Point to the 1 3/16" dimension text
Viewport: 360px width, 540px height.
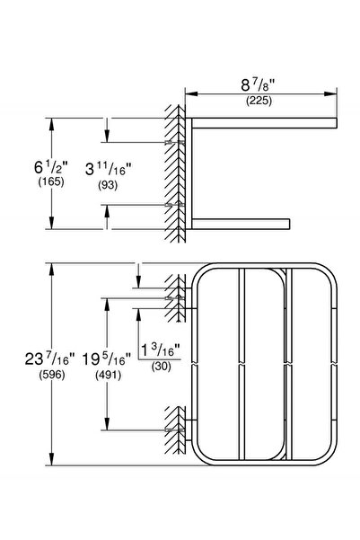pyautogui.click(x=162, y=350)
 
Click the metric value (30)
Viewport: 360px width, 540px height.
pyautogui.click(x=162, y=366)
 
